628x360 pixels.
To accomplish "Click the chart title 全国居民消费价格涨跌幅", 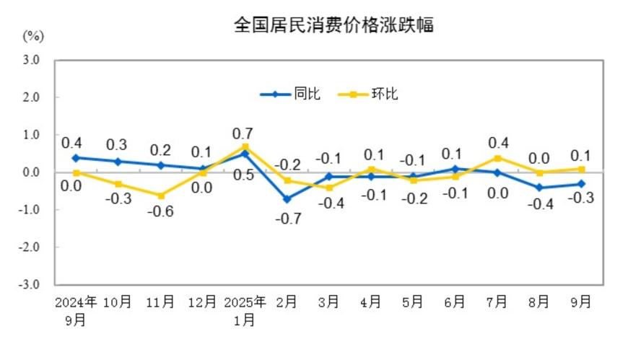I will click(333, 25).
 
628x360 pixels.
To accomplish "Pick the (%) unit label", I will click(32, 36).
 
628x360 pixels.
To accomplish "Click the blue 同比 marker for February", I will click(287, 198).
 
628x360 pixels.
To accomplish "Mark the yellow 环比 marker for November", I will click(160, 196).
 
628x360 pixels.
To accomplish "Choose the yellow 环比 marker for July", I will click(496, 158).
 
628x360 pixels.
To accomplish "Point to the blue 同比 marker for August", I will click(538, 188).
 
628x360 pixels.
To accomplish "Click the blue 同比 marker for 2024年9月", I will click(76, 157).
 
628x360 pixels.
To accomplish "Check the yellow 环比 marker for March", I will click(328, 188).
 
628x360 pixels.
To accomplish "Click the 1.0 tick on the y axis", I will click(30, 135).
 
